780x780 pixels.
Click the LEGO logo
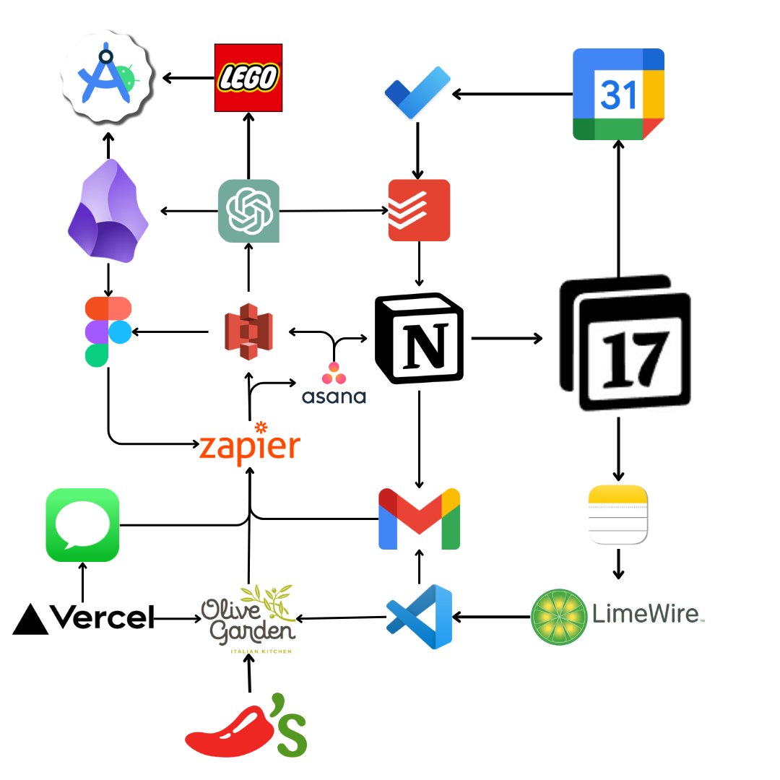[248, 77]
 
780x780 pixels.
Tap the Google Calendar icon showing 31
[617, 94]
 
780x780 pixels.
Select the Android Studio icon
[107, 76]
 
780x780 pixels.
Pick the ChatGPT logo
[248, 211]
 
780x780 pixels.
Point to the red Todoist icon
[419, 210]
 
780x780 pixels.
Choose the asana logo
[334, 383]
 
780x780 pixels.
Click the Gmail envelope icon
[420, 519]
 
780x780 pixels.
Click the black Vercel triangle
[31, 620]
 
